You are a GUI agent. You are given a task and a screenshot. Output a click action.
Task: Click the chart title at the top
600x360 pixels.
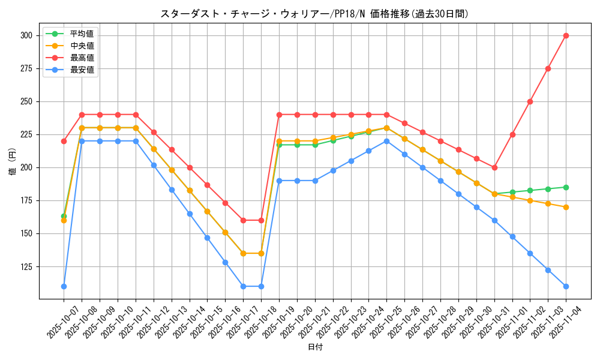[x=314, y=14]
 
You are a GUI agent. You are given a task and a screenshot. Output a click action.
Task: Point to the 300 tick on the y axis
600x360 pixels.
[x=26, y=35]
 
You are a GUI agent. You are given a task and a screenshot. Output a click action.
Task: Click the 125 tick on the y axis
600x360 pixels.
[x=26, y=266]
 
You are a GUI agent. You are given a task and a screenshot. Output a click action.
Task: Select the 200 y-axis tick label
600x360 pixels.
[x=26, y=167]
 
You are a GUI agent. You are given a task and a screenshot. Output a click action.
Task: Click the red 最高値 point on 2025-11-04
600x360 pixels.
[x=566, y=35]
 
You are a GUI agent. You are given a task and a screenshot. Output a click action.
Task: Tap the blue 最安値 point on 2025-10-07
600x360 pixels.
[x=64, y=286]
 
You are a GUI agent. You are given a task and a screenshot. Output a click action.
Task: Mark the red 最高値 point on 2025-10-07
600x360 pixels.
[x=64, y=141]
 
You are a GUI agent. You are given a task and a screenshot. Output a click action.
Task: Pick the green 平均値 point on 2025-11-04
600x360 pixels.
[x=566, y=187]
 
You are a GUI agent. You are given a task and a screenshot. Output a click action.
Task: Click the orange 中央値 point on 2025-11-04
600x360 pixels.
[x=566, y=207]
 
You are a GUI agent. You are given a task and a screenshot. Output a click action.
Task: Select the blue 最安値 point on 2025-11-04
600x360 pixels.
[x=566, y=286]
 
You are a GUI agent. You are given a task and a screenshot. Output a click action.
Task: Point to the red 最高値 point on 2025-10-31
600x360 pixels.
[x=494, y=167]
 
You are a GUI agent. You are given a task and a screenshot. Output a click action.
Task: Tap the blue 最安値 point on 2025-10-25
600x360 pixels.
[x=386, y=141]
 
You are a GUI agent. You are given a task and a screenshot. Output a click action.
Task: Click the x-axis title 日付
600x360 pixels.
[x=315, y=347]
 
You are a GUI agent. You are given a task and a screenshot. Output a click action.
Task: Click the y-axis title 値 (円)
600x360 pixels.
[x=12, y=163]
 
